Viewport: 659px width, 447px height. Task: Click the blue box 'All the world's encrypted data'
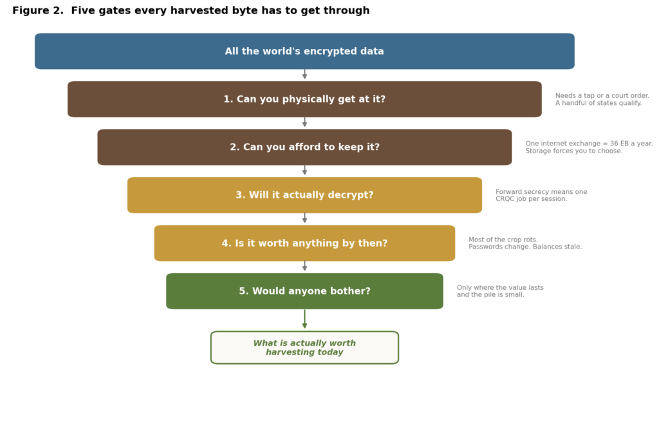(x=304, y=52)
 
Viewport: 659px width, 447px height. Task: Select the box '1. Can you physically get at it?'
(x=304, y=99)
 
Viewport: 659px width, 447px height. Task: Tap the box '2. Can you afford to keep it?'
(x=304, y=147)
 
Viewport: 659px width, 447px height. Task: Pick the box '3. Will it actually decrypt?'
(x=304, y=195)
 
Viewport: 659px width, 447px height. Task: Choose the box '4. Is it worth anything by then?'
(x=304, y=243)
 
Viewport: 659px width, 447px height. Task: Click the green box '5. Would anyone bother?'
(x=304, y=291)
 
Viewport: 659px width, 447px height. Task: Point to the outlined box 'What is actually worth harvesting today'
(x=304, y=347)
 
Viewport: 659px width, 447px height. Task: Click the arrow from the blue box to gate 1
(x=304, y=75)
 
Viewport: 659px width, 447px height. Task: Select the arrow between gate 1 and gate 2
(x=304, y=122)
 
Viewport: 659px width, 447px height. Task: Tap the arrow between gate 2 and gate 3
(x=304, y=170)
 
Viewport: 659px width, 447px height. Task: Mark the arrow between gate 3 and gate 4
(x=304, y=218)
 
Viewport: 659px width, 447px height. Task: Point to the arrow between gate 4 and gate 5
(x=304, y=266)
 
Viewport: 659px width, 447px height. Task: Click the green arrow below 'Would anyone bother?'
(x=304, y=319)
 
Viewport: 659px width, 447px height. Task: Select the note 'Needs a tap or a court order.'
(x=602, y=96)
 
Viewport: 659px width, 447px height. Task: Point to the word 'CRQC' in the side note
(x=505, y=199)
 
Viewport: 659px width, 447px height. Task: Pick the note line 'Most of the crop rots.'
(x=503, y=240)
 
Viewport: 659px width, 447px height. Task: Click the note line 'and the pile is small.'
(x=490, y=295)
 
